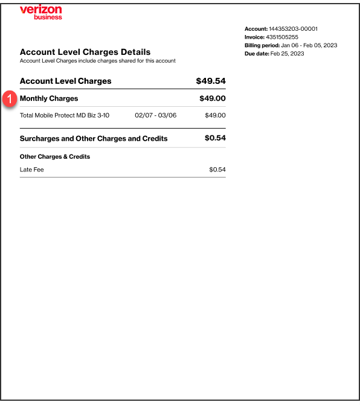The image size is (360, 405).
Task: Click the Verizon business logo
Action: pos(40,12)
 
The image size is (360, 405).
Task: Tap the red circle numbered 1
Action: pos(9,99)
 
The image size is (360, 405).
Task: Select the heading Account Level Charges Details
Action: pos(85,52)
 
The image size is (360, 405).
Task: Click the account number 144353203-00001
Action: pos(294,29)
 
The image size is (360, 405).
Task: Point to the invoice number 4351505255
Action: pos(282,37)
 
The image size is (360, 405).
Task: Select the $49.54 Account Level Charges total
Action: pos(211,81)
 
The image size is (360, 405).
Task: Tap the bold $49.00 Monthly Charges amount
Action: pos(213,98)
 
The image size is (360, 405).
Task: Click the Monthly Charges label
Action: pos(49,98)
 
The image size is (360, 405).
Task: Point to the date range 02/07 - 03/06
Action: pos(156,115)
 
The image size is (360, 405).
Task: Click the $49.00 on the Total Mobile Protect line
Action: pos(215,115)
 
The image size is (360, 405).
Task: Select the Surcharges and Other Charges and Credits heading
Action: pos(94,138)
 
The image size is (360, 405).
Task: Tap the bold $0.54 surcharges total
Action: pos(215,138)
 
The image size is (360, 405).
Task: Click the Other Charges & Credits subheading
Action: pos(55,156)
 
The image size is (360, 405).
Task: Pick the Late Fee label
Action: pos(32,170)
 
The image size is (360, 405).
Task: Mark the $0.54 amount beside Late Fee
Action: pos(217,170)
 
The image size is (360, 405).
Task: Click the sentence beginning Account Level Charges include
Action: pos(98,61)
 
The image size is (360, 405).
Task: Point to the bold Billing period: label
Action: pos(262,45)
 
